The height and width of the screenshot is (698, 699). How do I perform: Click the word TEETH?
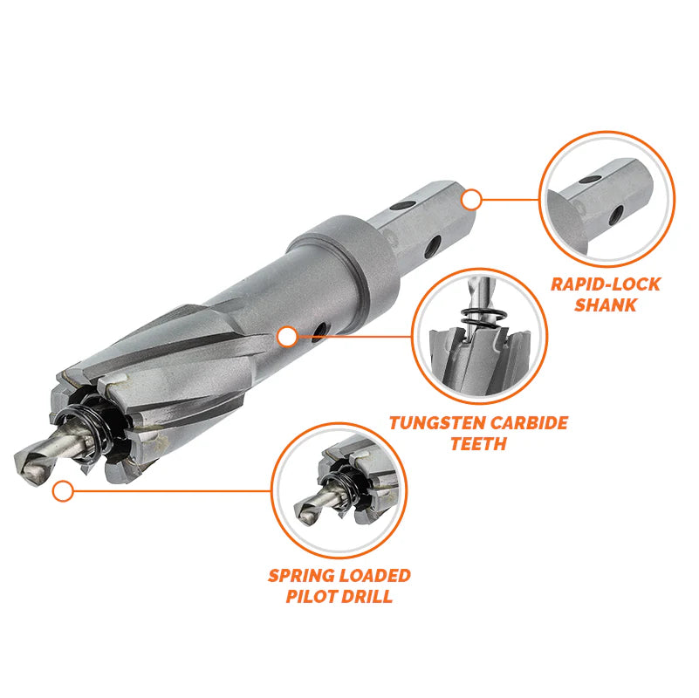[x=478, y=444]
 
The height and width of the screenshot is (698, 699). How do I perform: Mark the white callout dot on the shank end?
[x=471, y=200]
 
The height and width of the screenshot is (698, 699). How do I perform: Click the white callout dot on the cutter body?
[x=285, y=336]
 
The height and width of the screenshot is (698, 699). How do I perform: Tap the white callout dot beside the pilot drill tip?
[x=62, y=491]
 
